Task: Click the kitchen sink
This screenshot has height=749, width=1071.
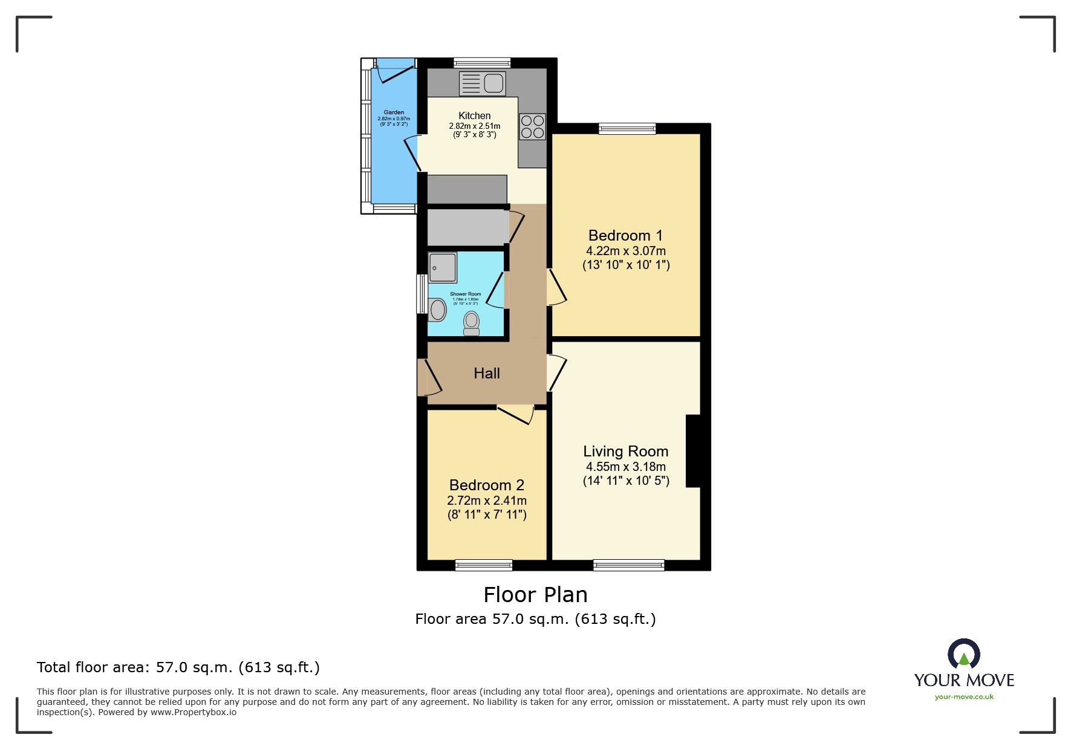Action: point(483,83)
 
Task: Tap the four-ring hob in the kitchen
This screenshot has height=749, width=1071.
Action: point(532,127)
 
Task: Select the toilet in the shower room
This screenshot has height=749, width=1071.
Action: point(471,323)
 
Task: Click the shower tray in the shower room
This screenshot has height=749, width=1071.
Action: point(443,267)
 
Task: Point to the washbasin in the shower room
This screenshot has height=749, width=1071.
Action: point(438,310)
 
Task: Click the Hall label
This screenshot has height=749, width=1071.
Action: point(487,374)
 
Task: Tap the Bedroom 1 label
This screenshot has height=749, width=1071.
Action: point(625,235)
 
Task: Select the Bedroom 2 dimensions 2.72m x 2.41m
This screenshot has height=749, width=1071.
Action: point(487,501)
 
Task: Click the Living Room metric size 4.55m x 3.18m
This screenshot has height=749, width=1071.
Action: point(626,467)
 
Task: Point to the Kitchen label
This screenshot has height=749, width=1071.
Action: point(475,115)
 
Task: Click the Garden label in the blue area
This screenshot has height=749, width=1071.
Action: point(394,112)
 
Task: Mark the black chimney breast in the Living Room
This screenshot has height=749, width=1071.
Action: point(694,450)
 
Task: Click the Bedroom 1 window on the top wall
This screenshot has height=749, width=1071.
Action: point(627,128)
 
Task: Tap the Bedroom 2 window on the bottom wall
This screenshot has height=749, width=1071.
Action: point(484,565)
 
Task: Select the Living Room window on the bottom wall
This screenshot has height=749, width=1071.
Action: point(629,565)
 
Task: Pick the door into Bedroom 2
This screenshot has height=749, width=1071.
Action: point(516,413)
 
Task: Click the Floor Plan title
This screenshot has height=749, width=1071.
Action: point(535,595)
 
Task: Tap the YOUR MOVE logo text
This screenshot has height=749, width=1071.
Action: point(964,680)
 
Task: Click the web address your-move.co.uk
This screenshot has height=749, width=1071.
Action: point(964,697)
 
